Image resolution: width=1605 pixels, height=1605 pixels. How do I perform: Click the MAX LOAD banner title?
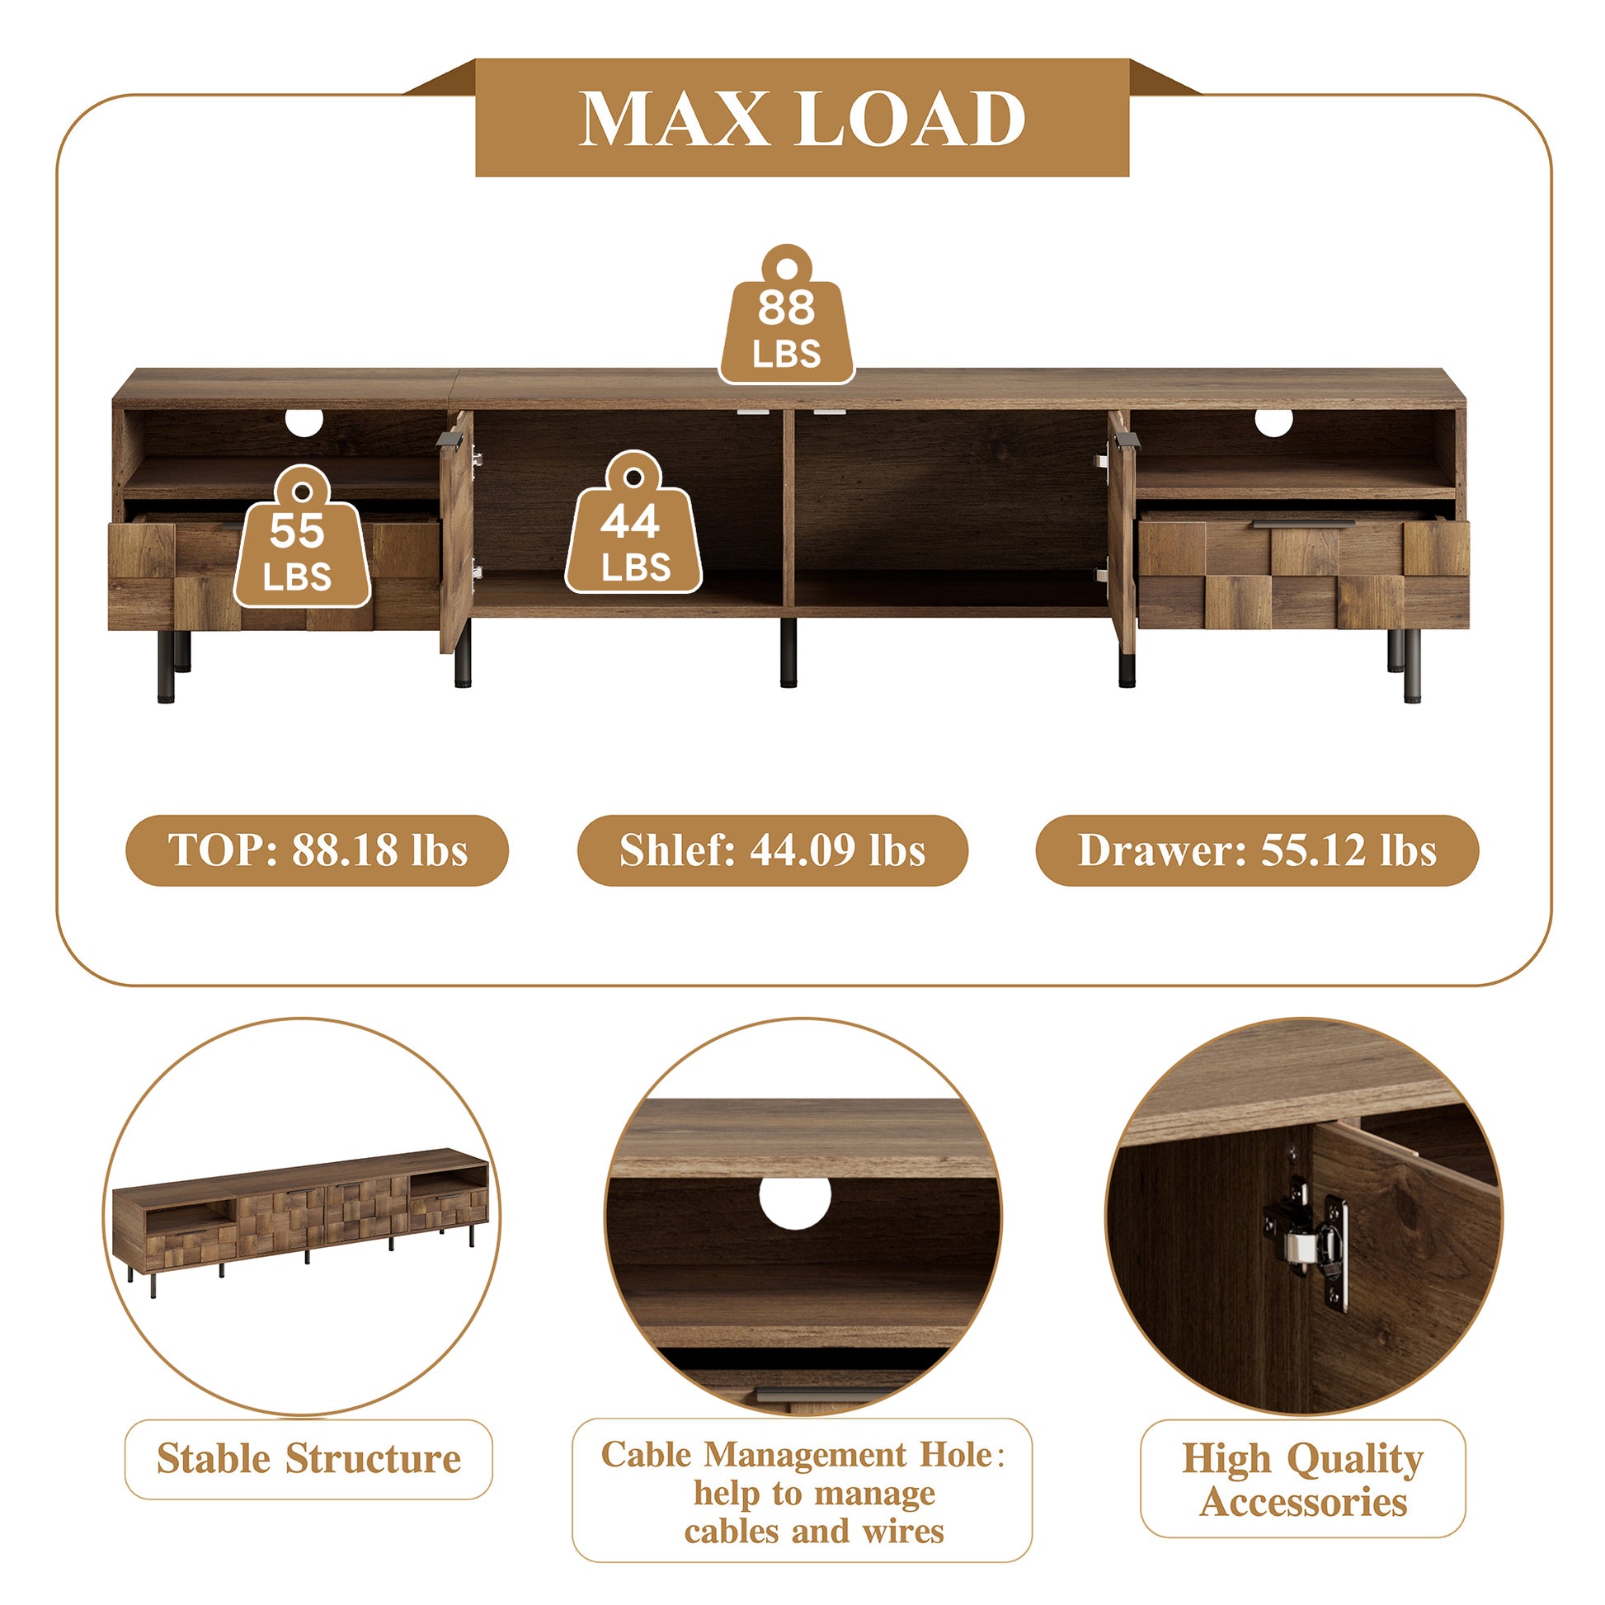[802, 118]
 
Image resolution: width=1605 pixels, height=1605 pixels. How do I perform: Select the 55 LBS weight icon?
[302, 537]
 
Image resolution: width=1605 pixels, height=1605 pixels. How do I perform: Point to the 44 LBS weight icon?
[633, 523]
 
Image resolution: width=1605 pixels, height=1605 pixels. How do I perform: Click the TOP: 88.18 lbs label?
[318, 850]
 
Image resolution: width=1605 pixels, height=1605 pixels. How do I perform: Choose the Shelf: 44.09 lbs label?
[773, 850]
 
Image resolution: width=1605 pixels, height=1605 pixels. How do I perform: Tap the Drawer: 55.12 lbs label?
[1257, 850]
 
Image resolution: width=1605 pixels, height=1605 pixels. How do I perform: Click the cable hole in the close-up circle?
[795, 1201]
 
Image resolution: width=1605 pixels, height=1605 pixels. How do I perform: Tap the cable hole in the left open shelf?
[304, 422]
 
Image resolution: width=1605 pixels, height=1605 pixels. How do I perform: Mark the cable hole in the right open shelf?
[1273, 422]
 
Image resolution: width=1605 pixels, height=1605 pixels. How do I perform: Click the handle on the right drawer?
[1303, 525]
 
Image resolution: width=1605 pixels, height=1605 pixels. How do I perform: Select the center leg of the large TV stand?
[788, 652]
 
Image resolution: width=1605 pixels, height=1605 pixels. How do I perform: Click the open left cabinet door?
[456, 530]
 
